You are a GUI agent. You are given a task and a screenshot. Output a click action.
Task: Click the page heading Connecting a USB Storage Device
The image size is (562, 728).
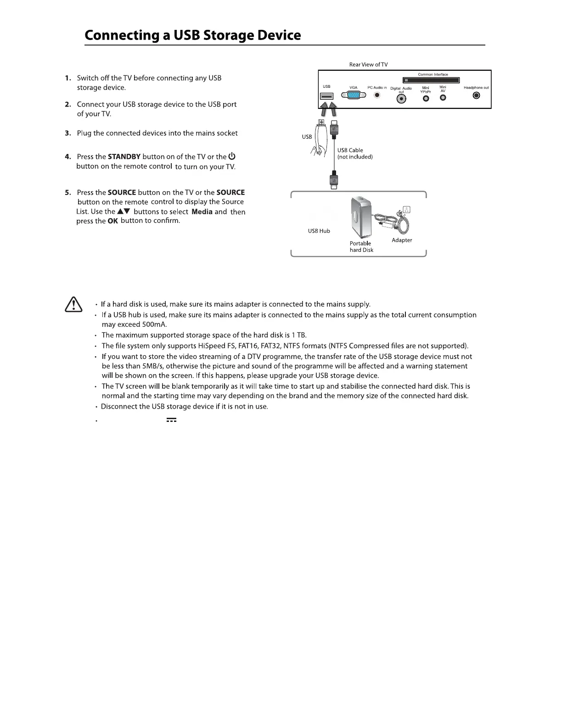click(x=193, y=35)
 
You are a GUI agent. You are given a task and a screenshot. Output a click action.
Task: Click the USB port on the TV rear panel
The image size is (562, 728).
click(x=327, y=97)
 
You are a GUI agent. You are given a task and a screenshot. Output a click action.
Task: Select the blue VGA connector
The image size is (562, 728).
click(x=354, y=96)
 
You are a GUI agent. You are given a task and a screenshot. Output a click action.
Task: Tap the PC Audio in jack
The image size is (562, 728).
click(x=377, y=96)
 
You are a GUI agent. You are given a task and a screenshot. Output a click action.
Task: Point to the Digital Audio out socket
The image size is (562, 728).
click(x=401, y=99)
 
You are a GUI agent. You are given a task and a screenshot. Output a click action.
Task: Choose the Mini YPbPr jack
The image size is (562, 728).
click(x=426, y=98)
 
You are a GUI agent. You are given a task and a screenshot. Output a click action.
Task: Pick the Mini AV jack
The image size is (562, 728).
click(x=443, y=98)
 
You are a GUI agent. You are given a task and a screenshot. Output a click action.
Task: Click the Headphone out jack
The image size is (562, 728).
click(x=477, y=96)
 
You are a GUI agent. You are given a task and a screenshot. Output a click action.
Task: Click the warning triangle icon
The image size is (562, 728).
click(x=73, y=305)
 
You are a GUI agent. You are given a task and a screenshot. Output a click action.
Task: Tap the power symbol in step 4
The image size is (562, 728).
click(x=232, y=156)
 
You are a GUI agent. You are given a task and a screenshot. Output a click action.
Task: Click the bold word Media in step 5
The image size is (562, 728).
click(x=202, y=211)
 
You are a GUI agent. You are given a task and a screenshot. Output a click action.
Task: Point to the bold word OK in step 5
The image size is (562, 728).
click(x=112, y=221)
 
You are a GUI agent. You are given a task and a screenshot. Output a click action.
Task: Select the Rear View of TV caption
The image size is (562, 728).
click(x=368, y=64)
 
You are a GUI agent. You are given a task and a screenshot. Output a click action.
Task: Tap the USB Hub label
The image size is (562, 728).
click(x=319, y=231)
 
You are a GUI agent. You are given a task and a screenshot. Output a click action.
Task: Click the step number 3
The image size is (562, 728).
click(x=67, y=133)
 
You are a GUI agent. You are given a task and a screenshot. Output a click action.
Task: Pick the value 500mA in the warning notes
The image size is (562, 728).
click(x=154, y=324)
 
